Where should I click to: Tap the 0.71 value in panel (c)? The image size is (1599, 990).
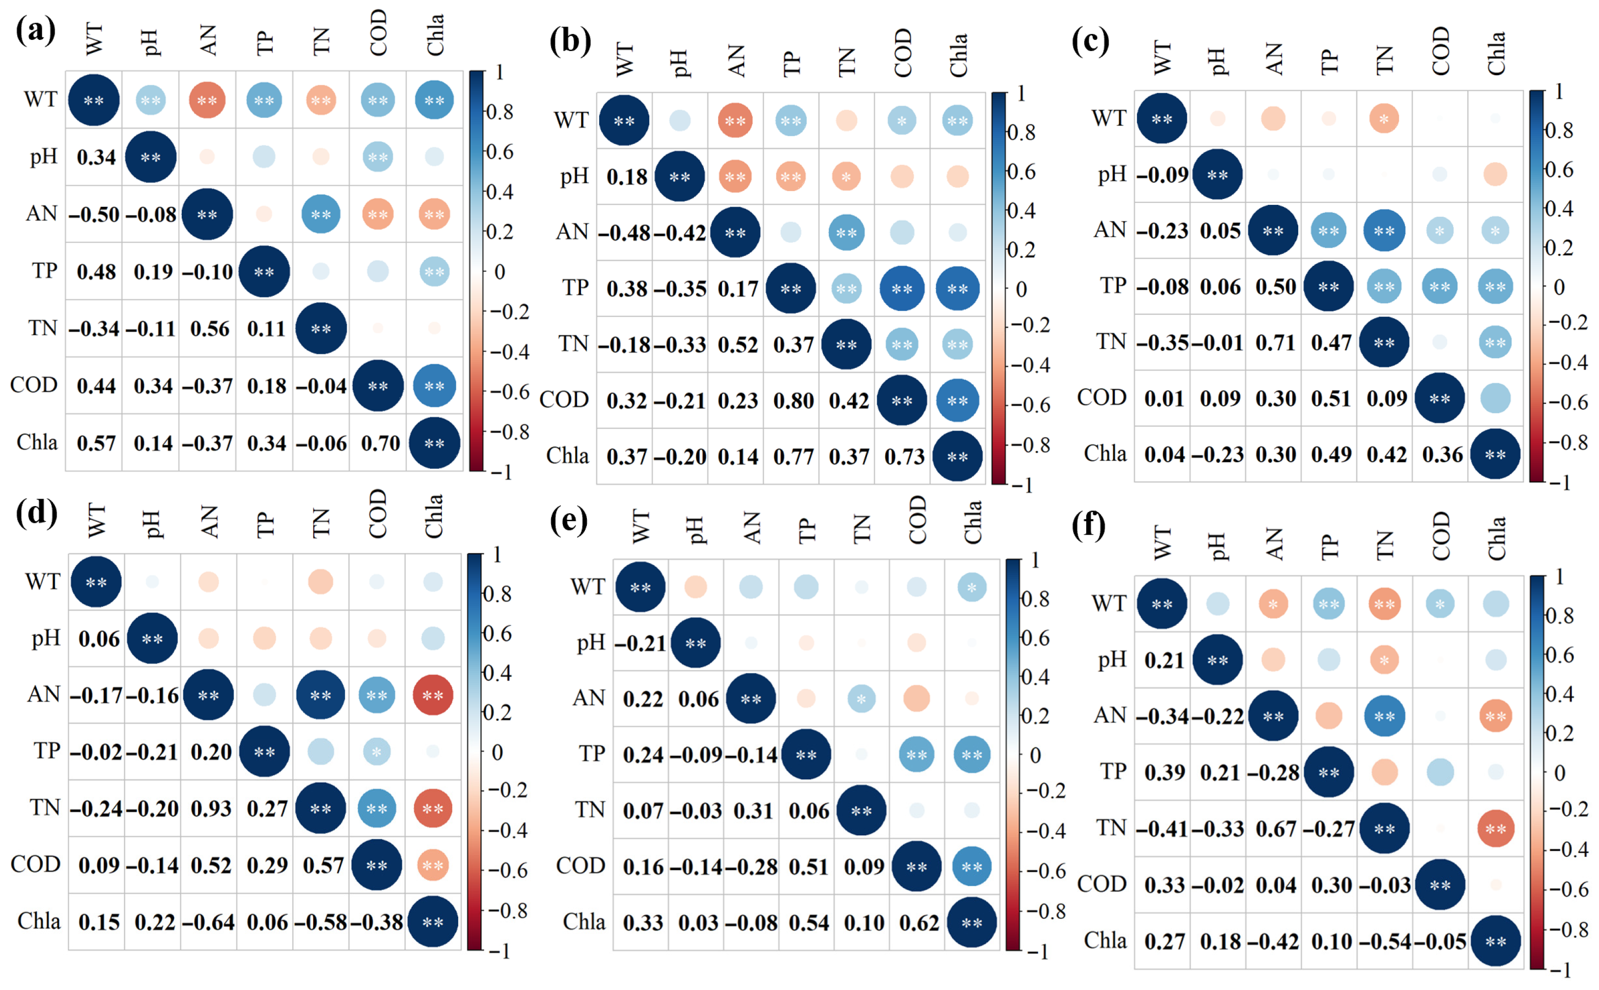coord(1275,342)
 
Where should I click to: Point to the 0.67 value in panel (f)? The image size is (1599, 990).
coord(1275,829)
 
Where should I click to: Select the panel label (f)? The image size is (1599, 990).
coord(1088,525)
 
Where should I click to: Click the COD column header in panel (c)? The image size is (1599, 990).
coord(1440,51)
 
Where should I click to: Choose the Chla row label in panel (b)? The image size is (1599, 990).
coord(567,456)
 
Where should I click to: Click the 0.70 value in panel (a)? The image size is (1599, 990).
coord(380,443)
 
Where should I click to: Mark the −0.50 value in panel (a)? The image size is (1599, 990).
coord(94,214)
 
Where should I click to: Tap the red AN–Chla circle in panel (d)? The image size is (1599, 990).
coord(433,695)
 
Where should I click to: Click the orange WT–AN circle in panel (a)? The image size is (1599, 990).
coord(207,100)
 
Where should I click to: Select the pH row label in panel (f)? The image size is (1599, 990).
coord(1112,659)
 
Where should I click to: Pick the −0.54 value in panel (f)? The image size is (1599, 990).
coord(1385,941)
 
